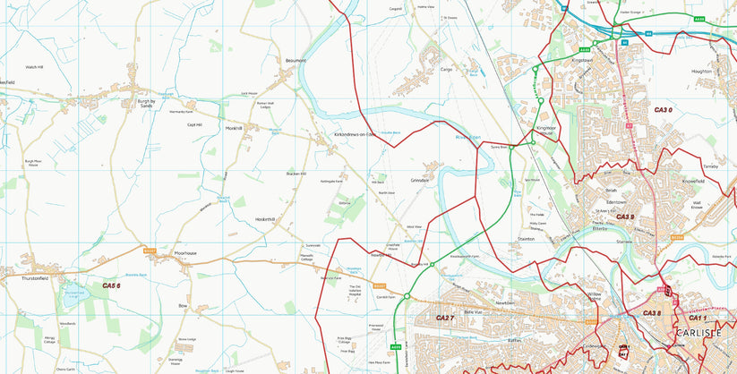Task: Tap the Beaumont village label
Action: (x=296, y=61)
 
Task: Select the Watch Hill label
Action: (x=34, y=67)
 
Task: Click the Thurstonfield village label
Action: (x=34, y=278)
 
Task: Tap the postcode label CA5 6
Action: (x=111, y=285)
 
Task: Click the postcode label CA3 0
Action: (x=663, y=109)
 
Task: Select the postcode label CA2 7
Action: (x=445, y=318)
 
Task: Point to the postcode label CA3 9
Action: (x=625, y=217)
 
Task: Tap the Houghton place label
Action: (x=701, y=71)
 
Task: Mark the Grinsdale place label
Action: (x=420, y=181)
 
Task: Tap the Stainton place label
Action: (x=526, y=239)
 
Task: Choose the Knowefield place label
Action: (x=693, y=181)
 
